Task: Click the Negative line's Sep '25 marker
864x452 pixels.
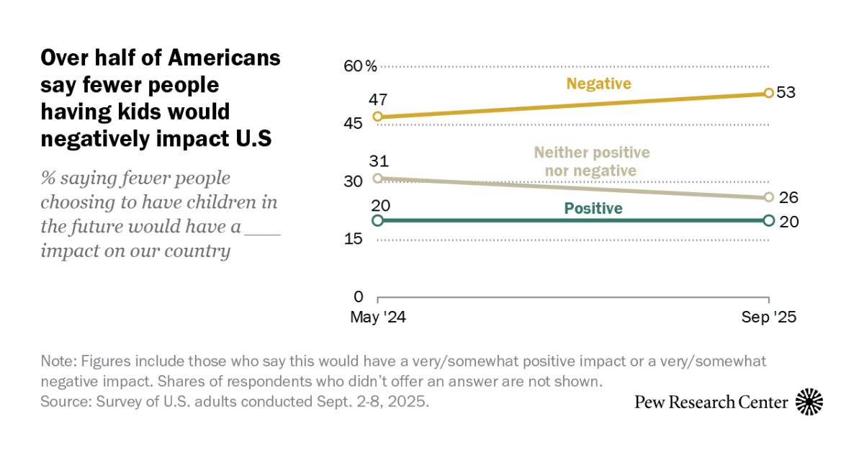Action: [x=768, y=93]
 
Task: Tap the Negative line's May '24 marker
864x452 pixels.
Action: [x=377, y=117]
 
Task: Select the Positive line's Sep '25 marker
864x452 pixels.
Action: [x=768, y=221]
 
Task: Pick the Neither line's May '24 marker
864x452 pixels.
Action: [x=377, y=178]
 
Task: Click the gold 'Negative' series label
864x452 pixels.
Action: [x=598, y=83]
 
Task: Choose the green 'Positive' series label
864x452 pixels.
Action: [x=593, y=209]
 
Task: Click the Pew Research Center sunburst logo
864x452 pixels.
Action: [x=809, y=402]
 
